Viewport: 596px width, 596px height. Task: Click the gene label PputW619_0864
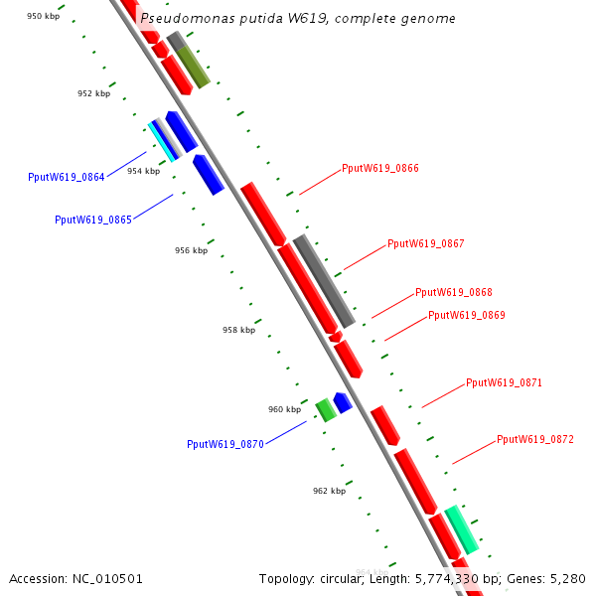67,177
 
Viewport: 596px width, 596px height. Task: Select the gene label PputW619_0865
93,220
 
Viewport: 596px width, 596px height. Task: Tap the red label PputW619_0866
380,168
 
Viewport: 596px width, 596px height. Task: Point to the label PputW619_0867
426,243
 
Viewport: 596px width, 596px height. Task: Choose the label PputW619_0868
454,292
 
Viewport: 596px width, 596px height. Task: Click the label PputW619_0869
467,315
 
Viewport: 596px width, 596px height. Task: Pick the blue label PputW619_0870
225,444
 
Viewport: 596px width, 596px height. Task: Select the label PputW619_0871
505,382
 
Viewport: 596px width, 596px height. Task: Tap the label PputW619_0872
535,439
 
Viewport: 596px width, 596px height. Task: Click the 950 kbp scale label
43,17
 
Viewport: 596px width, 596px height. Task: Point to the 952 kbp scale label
93,93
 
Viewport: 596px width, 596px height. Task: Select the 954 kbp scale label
143,171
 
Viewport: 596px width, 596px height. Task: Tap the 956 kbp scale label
191,250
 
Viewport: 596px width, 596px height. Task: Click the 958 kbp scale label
238,330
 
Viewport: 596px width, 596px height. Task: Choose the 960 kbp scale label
284,409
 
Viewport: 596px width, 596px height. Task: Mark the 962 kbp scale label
329,491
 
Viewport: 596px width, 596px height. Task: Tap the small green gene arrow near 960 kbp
325,409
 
